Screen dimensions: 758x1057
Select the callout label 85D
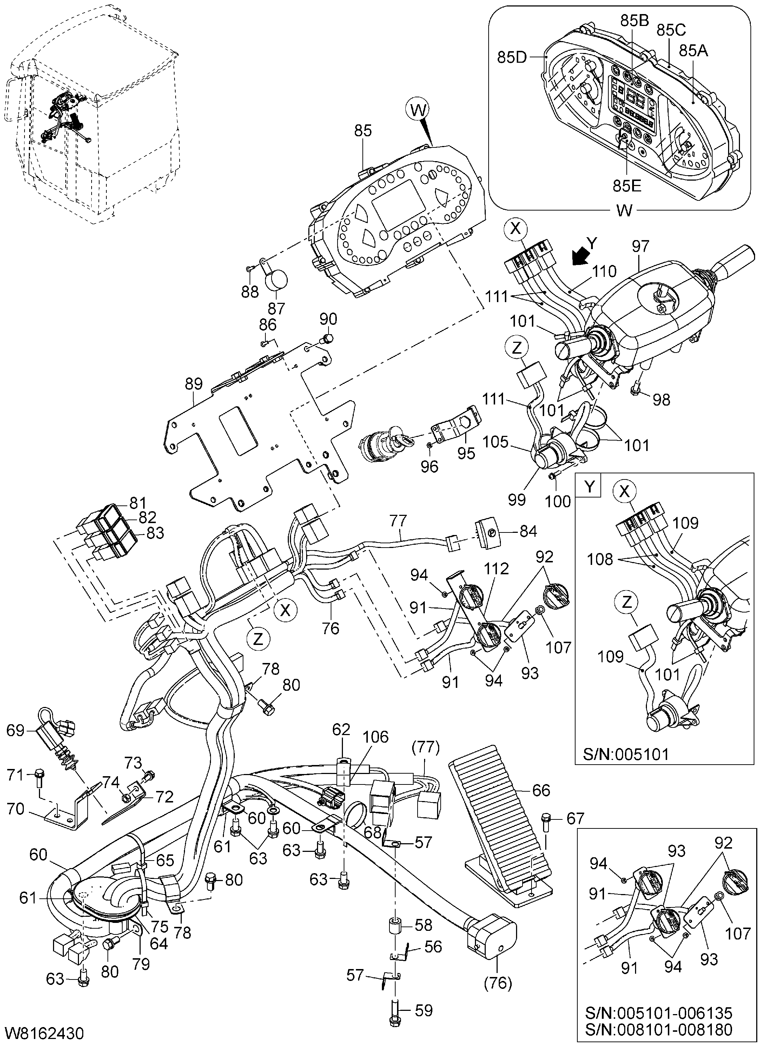(x=512, y=57)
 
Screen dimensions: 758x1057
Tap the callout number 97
(x=641, y=246)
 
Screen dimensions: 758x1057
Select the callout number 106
(x=376, y=737)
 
